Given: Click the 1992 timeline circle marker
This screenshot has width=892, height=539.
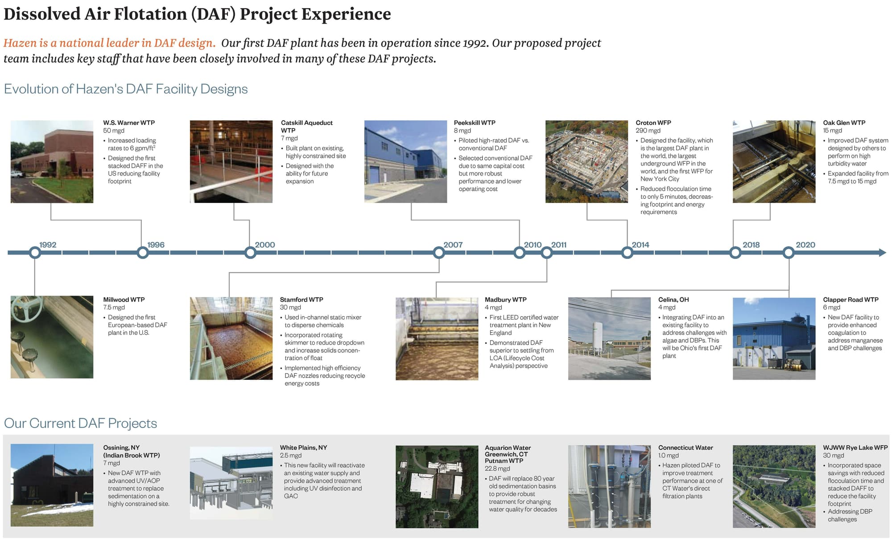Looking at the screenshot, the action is click(x=35, y=253).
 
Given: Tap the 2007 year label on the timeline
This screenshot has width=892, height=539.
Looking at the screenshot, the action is click(x=453, y=245).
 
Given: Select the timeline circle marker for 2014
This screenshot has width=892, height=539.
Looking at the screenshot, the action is click(x=627, y=253).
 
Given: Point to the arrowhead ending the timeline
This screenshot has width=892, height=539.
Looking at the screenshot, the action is click(x=882, y=253).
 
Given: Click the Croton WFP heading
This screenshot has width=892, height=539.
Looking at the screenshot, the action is click(x=653, y=123).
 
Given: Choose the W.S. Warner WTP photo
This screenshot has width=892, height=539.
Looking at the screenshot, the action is click(x=52, y=161).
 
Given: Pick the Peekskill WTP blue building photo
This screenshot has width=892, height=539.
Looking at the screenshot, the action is click(x=405, y=161).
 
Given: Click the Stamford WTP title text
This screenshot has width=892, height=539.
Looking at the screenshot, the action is click(x=301, y=300).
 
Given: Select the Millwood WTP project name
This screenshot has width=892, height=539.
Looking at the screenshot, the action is click(x=124, y=300).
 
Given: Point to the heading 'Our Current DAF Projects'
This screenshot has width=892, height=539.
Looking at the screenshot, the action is click(x=80, y=423).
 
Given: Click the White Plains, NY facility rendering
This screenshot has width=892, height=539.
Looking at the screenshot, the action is click(x=231, y=483).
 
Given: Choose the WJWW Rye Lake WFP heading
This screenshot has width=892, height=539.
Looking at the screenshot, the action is click(x=855, y=448).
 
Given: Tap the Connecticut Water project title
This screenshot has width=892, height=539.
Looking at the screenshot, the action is click(x=686, y=448).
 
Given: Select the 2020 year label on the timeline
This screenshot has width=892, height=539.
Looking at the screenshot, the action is click(x=805, y=245).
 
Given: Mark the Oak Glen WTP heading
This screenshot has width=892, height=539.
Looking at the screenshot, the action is click(x=844, y=123).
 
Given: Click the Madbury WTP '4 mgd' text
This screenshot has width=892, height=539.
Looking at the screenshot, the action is click(x=493, y=308).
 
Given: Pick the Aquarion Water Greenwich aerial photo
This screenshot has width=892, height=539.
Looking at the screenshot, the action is click(x=437, y=487).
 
